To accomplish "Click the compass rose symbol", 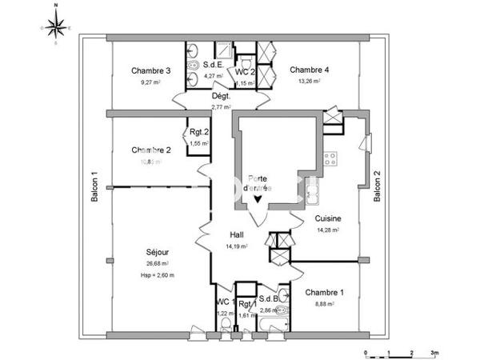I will tap(55, 27).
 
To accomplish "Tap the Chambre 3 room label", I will tap(151, 70).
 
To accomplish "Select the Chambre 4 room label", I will tap(309, 70).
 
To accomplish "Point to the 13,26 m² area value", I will tap(309, 81).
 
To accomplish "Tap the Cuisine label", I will tap(327, 218).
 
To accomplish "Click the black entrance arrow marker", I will tap(258, 200).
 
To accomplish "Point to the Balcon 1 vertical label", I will tap(94, 188).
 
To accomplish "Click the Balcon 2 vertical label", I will tap(377, 188).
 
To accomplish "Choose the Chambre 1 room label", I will tap(325, 292).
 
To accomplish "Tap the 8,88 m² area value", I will tap(325, 304).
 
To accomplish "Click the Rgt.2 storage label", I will tap(198, 133).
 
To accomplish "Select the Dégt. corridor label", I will tap(221, 96).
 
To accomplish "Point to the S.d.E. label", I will tap(213, 65).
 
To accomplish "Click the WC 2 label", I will tap(245, 72).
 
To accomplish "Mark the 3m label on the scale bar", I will tap(434, 352).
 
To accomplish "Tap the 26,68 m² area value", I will tap(158, 263).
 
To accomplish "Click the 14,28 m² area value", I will tap(327, 230).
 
